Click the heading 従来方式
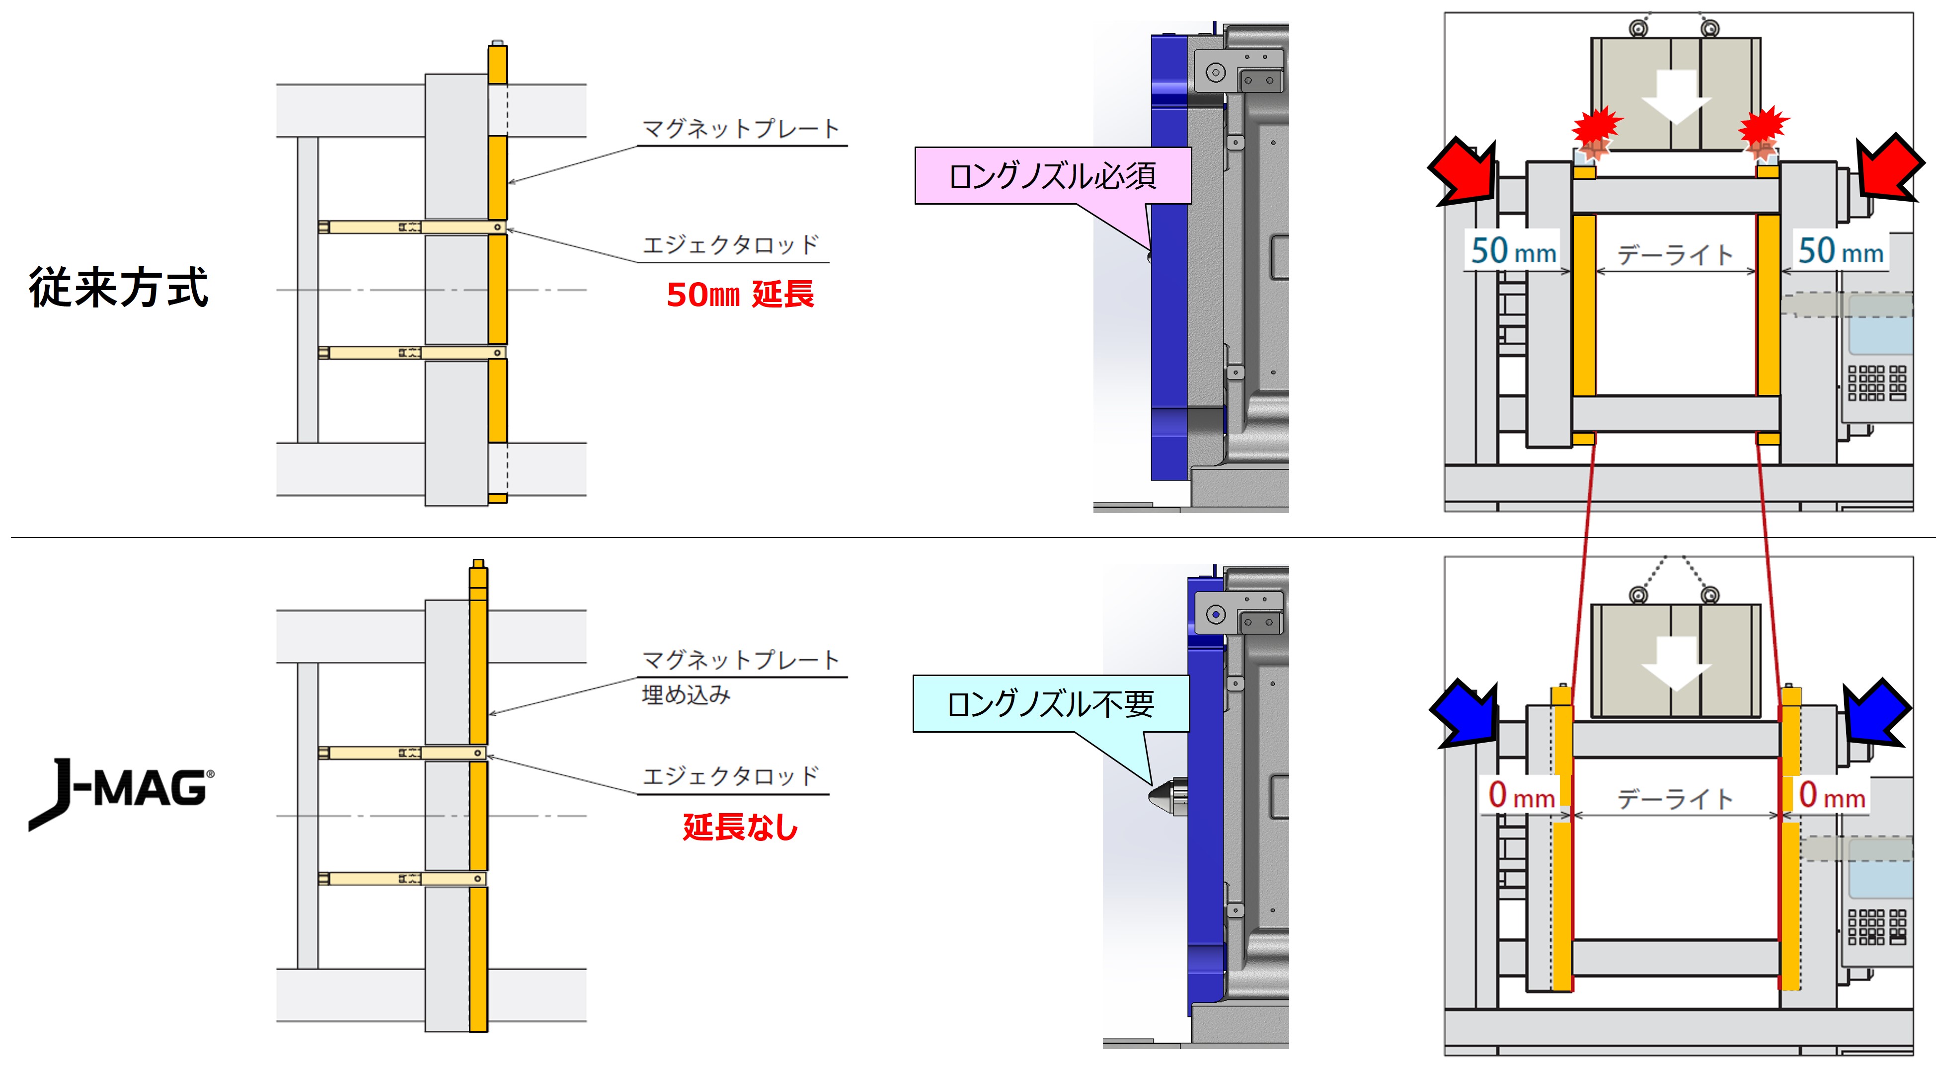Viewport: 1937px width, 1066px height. pyautogui.click(x=118, y=288)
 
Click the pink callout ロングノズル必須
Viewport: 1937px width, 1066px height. pyautogui.click(x=1052, y=176)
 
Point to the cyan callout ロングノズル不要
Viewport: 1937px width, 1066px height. pyautogui.click(x=1050, y=704)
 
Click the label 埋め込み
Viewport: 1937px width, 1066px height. pyautogui.click(x=686, y=694)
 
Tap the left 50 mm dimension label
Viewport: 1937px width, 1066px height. pyautogui.click(x=1513, y=251)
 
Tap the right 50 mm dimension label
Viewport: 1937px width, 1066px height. pyautogui.click(x=1840, y=251)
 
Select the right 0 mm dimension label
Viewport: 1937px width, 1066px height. pyautogui.click(x=1832, y=795)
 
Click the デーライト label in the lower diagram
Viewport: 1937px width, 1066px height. pyautogui.click(x=1675, y=798)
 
